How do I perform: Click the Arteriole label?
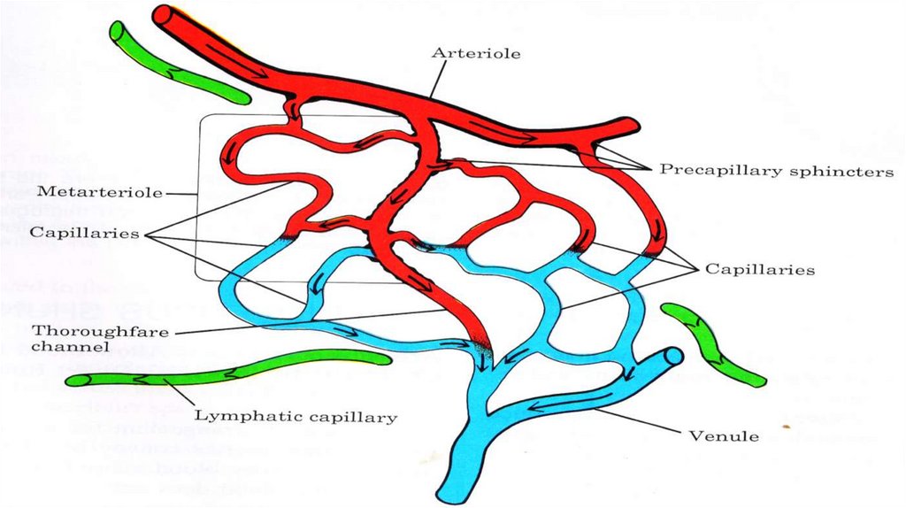[475, 54]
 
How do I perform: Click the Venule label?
[724, 435]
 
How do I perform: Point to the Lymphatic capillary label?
[296, 416]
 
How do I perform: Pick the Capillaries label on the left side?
[83, 233]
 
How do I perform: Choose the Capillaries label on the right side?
[759, 269]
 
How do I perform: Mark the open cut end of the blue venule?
[674, 357]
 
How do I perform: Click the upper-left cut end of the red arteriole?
[163, 15]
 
